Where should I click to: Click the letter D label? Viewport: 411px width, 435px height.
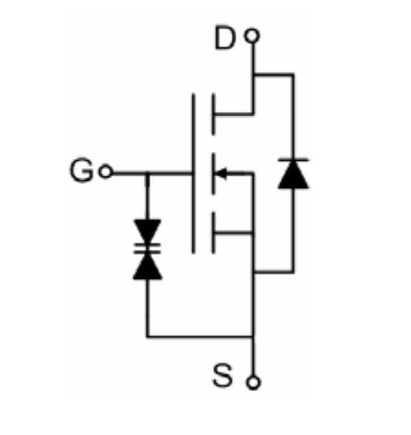(225, 38)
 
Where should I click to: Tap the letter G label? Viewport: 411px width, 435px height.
(81, 170)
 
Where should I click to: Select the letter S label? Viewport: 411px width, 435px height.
(222, 376)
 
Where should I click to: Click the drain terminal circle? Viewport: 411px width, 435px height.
(252, 36)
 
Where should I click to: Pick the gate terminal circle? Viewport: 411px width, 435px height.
(105, 172)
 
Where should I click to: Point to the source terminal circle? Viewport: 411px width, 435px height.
(254, 383)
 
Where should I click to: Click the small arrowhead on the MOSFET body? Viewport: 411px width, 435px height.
(222, 174)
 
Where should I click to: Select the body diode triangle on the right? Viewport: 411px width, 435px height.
(293, 174)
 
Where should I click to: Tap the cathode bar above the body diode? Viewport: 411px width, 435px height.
(293, 159)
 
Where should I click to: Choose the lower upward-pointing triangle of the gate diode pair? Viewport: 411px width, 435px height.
(147, 266)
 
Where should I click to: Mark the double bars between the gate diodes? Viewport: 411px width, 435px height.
(147, 248)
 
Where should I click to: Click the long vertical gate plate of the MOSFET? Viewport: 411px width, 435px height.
(194, 174)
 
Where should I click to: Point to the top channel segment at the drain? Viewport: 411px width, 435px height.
(213, 115)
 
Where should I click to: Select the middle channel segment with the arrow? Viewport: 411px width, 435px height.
(213, 174)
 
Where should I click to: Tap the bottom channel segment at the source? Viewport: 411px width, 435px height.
(213, 233)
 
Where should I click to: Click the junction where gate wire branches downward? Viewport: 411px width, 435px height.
(147, 174)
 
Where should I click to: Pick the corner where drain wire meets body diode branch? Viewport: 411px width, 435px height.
(254, 75)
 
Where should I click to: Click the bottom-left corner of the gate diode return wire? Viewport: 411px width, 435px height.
(147, 337)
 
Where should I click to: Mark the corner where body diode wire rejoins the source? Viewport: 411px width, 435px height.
(254, 272)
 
